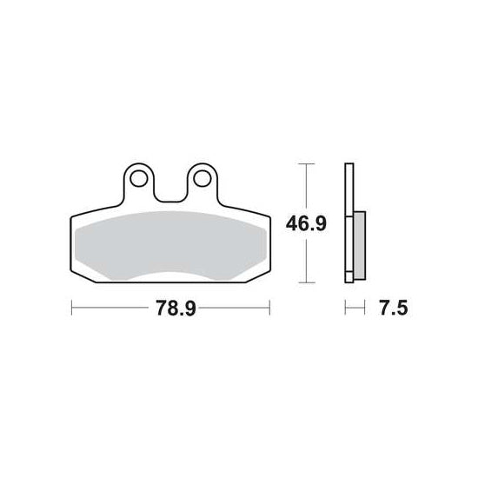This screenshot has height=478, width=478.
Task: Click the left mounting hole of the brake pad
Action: [x=139, y=179]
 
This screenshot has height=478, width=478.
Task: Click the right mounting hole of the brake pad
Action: [x=202, y=179]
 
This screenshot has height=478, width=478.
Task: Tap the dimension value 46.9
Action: [x=306, y=223]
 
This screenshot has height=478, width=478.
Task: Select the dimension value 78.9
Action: [x=176, y=308]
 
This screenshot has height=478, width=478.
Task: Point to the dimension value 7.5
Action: [x=393, y=308]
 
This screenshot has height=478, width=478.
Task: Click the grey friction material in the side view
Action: [x=360, y=245]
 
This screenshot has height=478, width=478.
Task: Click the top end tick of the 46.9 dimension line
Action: [x=306, y=164]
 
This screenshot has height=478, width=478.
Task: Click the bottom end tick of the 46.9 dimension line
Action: [x=306, y=282]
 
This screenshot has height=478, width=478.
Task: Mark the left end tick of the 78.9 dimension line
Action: [x=71, y=308]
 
